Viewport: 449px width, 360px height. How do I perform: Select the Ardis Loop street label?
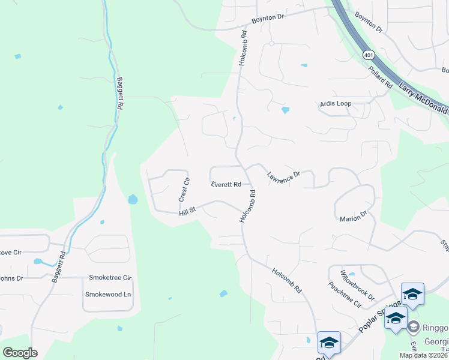click(x=336, y=104)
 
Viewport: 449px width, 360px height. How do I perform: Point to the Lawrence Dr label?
click(x=283, y=176)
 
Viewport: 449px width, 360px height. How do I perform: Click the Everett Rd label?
click(x=226, y=185)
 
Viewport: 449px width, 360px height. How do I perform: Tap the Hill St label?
click(x=187, y=213)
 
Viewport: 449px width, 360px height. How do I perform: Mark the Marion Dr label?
click(x=353, y=217)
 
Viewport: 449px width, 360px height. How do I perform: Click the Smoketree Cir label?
click(x=110, y=278)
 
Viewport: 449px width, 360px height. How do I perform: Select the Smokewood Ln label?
click(x=108, y=295)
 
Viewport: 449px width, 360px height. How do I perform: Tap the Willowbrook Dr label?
click(x=357, y=285)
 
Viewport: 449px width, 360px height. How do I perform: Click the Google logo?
click(x=20, y=352)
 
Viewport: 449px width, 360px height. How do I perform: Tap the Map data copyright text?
click(x=423, y=355)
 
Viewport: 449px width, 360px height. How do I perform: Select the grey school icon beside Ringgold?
click(x=413, y=327)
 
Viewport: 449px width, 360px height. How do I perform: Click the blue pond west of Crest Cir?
click(x=133, y=199)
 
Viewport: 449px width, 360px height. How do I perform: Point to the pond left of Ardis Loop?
click(x=285, y=110)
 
